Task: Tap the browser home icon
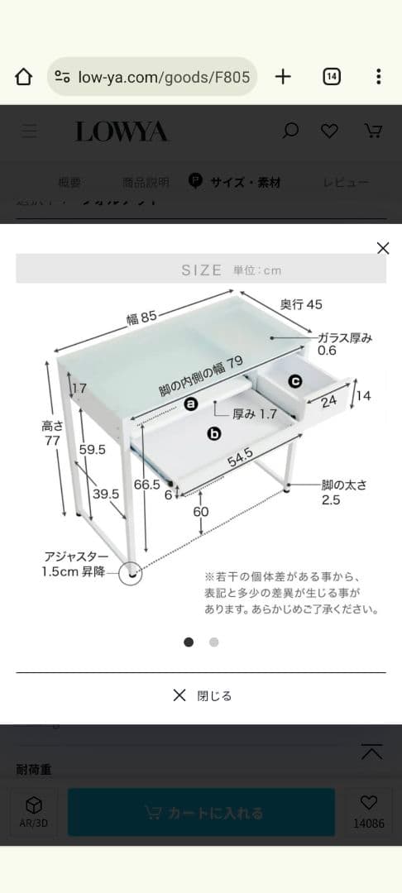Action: click(x=24, y=77)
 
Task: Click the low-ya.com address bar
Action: click(x=152, y=77)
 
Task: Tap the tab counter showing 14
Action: click(x=331, y=77)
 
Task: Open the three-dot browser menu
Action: click(x=378, y=77)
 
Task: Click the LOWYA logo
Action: click(x=122, y=131)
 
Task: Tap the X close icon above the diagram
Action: click(x=382, y=248)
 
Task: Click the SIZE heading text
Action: click(x=202, y=270)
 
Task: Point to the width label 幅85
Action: click(x=141, y=317)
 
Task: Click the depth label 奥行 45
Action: click(x=301, y=304)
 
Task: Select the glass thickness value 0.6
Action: click(x=328, y=351)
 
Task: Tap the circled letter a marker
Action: click(x=191, y=404)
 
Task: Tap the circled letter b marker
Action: click(x=214, y=432)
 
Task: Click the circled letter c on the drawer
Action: click(x=295, y=381)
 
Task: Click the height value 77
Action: click(x=52, y=441)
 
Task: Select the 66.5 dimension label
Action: click(x=146, y=485)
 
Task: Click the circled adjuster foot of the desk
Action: click(x=130, y=572)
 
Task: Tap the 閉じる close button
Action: click(x=202, y=695)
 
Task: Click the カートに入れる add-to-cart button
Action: click(x=201, y=812)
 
